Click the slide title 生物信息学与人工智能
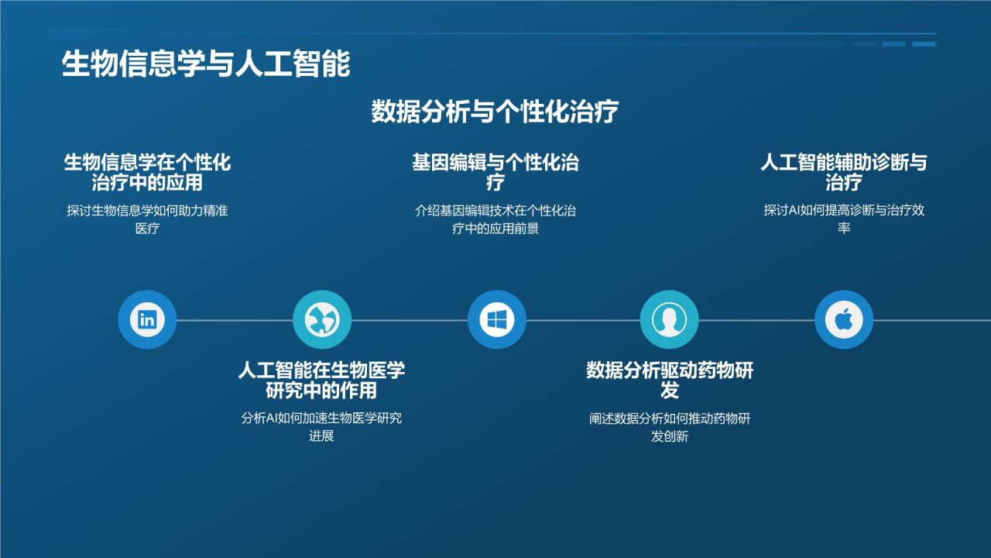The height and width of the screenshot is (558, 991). (x=206, y=64)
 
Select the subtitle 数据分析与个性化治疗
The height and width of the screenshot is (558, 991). (x=495, y=112)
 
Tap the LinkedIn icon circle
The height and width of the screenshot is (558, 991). (x=147, y=319)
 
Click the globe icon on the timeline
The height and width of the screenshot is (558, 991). (x=322, y=319)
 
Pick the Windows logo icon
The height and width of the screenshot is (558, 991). (x=497, y=319)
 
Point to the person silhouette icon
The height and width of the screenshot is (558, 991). (x=669, y=319)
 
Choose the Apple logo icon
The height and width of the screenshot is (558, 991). (x=844, y=319)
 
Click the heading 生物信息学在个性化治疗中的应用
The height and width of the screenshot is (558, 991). (x=147, y=173)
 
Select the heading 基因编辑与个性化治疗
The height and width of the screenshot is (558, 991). (x=495, y=173)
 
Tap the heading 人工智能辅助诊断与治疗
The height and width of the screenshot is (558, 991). (x=844, y=173)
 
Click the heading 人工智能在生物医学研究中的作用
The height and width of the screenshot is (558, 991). (x=321, y=380)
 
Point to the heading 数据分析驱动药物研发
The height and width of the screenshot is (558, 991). (x=670, y=380)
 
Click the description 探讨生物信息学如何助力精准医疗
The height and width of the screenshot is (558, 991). (x=147, y=219)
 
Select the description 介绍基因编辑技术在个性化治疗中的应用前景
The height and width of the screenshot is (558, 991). (x=495, y=219)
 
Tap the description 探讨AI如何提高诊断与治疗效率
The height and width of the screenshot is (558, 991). (x=844, y=219)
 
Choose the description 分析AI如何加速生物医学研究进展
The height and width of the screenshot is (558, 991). (x=321, y=427)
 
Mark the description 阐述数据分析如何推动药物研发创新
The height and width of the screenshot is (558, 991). (x=670, y=427)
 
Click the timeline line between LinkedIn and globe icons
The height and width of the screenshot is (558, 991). (x=235, y=320)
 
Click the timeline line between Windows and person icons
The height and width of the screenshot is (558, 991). (x=583, y=320)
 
